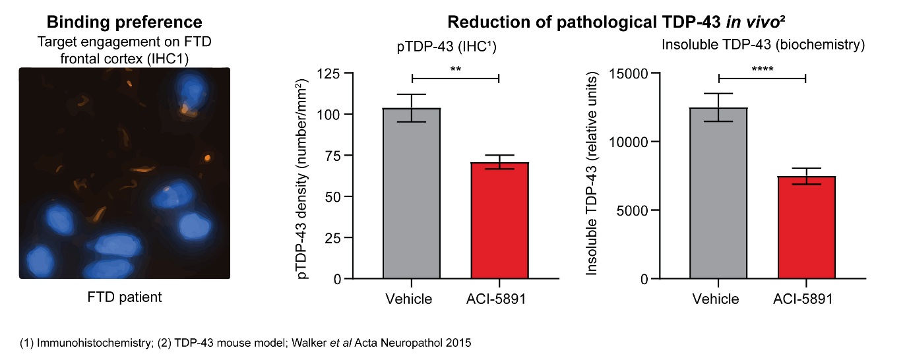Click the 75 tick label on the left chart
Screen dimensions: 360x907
[x=336, y=156]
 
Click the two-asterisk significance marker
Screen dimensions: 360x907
[x=455, y=69]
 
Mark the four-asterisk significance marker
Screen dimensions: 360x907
[x=763, y=69]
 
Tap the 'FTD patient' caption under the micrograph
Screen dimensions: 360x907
[x=125, y=297]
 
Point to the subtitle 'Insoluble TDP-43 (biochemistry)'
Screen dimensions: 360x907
[x=763, y=45]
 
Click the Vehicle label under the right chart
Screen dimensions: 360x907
[x=716, y=299]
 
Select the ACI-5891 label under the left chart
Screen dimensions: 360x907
[x=500, y=299]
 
